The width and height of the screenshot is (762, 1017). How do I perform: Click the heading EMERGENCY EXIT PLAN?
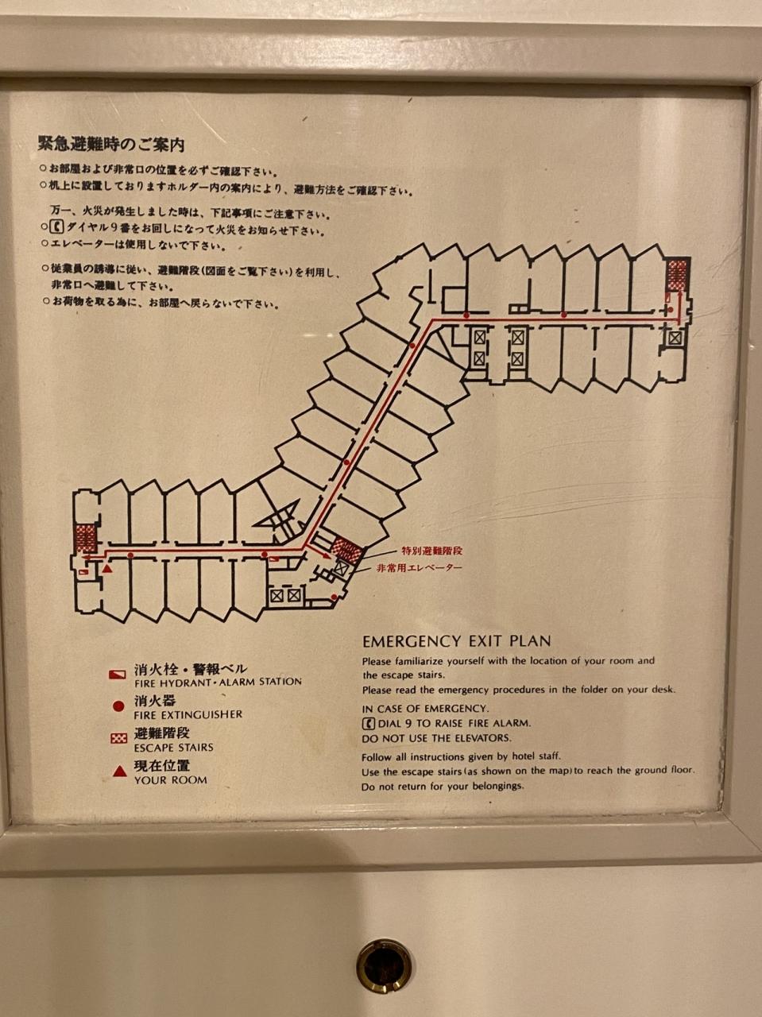pyautogui.click(x=457, y=641)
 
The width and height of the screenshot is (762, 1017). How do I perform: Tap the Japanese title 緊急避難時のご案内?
pyautogui.click(x=111, y=145)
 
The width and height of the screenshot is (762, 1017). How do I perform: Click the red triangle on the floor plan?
pyautogui.click(x=108, y=568)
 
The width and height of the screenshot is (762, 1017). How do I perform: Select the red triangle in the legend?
pyautogui.click(x=120, y=771)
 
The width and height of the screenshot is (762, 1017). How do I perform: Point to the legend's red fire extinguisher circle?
pyautogui.click(x=118, y=706)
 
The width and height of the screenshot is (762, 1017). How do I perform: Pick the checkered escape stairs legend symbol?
pyautogui.click(x=119, y=739)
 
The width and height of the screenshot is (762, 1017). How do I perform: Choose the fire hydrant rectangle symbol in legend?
pyautogui.click(x=118, y=674)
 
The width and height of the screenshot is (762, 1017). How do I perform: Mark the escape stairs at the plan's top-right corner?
pyautogui.click(x=677, y=275)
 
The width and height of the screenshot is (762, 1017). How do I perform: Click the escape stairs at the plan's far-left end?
pyautogui.click(x=86, y=539)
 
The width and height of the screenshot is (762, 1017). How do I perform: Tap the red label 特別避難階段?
pyautogui.click(x=431, y=551)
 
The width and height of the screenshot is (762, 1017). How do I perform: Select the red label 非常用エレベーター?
pyautogui.click(x=420, y=567)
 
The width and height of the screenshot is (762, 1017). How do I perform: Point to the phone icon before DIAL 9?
pyautogui.click(x=369, y=723)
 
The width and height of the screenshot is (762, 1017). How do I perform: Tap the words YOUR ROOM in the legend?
pyautogui.click(x=171, y=780)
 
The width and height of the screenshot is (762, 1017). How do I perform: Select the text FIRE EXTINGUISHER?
pyautogui.click(x=188, y=714)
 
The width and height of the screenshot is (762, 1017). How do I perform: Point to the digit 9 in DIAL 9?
pyautogui.click(x=408, y=723)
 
